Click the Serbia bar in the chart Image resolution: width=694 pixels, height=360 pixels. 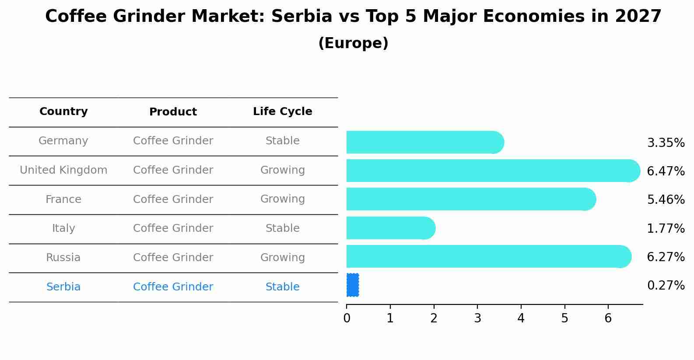pyautogui.click(x=353, y=285)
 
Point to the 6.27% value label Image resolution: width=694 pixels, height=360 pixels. pyautogui.click(x=666, y=257)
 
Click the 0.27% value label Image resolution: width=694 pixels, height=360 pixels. pyautogui.click(x=666, y=286)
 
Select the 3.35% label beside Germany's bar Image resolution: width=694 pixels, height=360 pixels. pyautogui.click(x=666, y=143)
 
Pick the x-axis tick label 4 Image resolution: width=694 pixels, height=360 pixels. pyautogui.click(x=521, y=318)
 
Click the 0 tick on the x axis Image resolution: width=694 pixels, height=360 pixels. pyautogui.click(x=347, y=318)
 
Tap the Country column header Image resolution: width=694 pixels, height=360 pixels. pyautogui.click(x=63, y=112)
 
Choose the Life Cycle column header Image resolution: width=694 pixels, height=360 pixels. pyautogui.click(x=282, y=112)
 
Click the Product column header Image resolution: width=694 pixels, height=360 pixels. pyautogui.click(x=173, y=112)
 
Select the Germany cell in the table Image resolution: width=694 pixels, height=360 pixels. pyautogui.click(x=63, y=141)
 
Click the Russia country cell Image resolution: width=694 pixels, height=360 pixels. pyautogui.click(x=63, y=258)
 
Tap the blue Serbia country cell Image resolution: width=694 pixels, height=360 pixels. pyautogui.click(x=63, y=287)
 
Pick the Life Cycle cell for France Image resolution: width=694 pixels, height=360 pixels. pyautogui.click(x=282, y=199)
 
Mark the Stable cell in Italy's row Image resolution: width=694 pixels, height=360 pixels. pyautogui.click(x=282, y=228)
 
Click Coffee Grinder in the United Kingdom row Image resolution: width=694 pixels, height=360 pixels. pyautogui.click(x=173, y=170)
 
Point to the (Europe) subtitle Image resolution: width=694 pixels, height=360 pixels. pyautogui.click(x=353, y=43)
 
